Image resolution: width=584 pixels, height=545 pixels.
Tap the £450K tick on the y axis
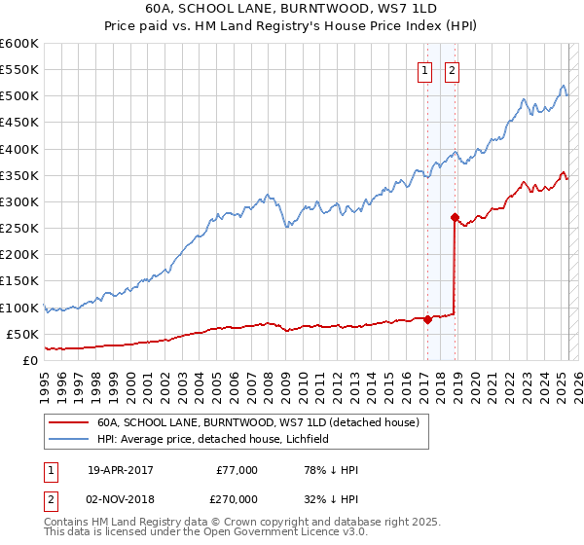[x=19, y=123]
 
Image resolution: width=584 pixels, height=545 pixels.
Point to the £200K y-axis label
[x=19, y=255]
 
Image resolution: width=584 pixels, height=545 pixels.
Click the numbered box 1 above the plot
[x=426, y=69]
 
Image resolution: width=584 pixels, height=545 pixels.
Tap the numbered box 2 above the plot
[x=454, y=69]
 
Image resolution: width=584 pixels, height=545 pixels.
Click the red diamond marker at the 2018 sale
[x=455, y=217]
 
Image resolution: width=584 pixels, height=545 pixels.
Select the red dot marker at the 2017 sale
[x=427, y=319]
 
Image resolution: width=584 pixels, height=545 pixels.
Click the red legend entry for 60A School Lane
[x=258, y=422]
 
